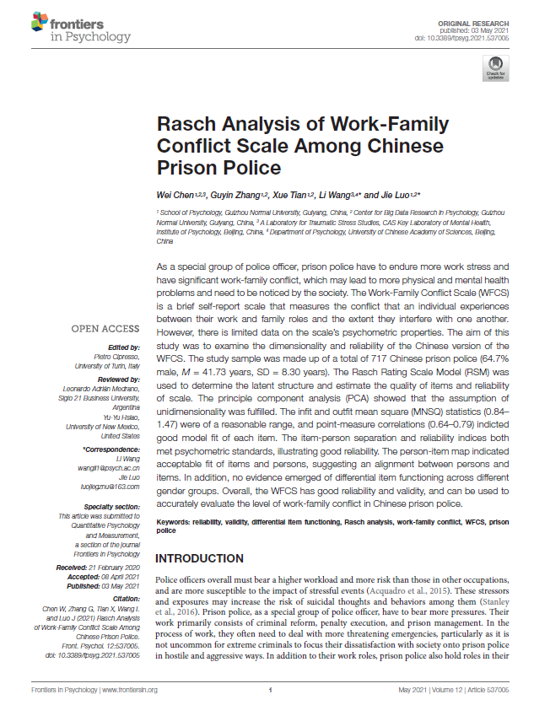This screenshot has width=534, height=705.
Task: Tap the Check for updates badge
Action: click(x=494, y=68)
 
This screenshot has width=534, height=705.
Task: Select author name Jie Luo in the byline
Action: click(x=391, y=194)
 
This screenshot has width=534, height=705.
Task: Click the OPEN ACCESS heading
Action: click(x=105, y=329)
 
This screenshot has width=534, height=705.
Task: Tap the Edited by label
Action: click(x=124, y=347)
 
